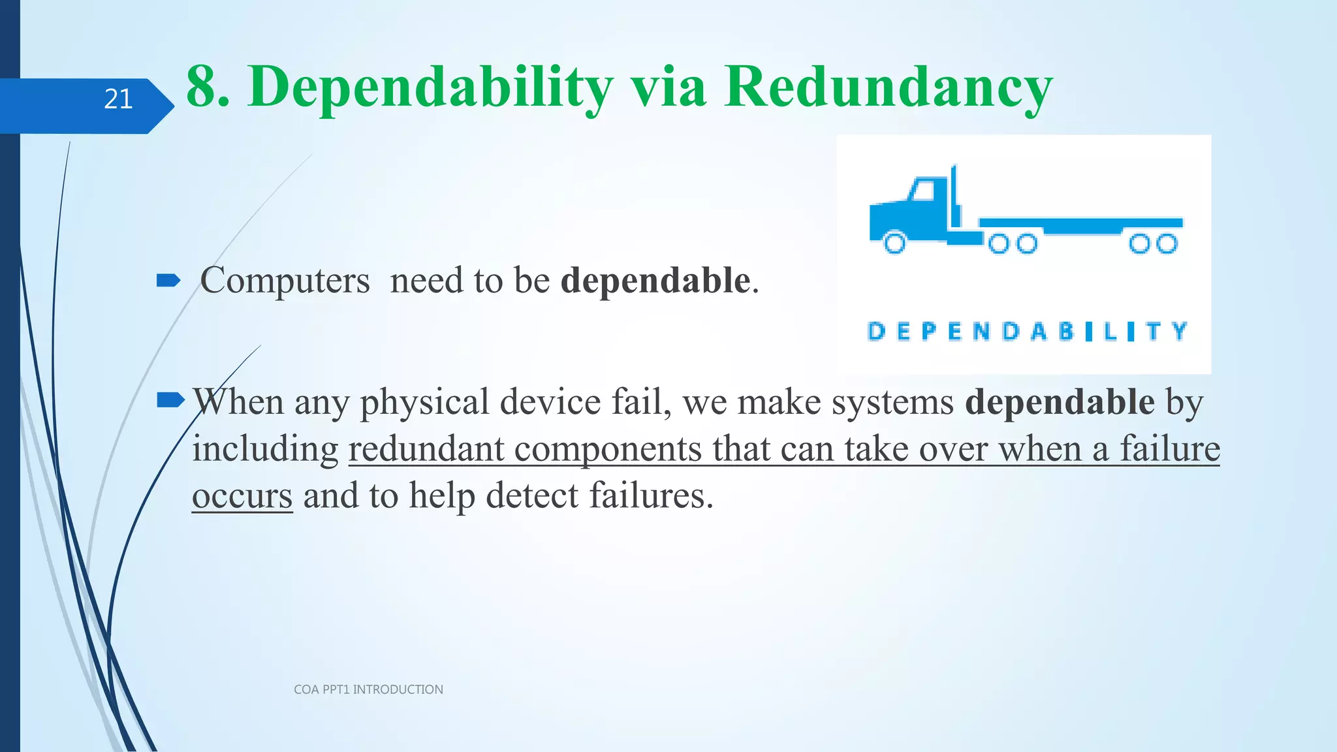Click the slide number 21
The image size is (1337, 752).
[x=118, y=99]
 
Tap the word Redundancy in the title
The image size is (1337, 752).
[x=888, y=86]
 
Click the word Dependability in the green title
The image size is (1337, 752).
[x=431, y=87]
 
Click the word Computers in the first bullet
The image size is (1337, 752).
[x=285, y=281]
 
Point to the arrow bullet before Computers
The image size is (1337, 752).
[x=168, y=281]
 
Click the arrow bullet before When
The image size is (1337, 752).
[x=171, y=400]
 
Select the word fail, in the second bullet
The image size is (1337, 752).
[x=641, y=401]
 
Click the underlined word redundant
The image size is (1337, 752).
[x=426, y=449]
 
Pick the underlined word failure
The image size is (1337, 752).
[x=1170, y=449]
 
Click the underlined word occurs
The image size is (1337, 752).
[x=242, y=496]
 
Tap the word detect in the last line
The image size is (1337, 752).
[x=532, y=496]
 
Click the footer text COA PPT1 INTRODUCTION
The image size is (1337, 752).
[x=368, y=689]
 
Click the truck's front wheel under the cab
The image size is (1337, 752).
[x=894, y=243]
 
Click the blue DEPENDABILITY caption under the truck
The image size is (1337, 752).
[x=1027, y=332]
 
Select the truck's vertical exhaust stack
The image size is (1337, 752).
[x=954, y=196]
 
